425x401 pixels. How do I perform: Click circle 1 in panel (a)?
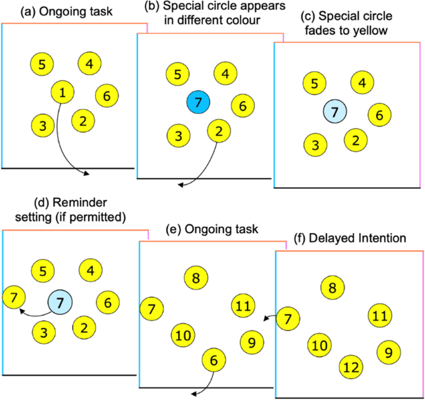(62, 93)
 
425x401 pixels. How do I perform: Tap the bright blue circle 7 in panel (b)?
(199, 102)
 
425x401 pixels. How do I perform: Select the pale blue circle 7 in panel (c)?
(335, 112)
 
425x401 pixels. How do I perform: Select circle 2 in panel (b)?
(218, 131)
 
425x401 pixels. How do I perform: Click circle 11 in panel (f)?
(379, 315)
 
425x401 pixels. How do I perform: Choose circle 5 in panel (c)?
(315, 84)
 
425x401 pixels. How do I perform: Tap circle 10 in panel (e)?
(182, 336)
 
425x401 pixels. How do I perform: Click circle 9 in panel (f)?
(388, 352)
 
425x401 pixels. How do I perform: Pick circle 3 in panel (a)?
(42, 126)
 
